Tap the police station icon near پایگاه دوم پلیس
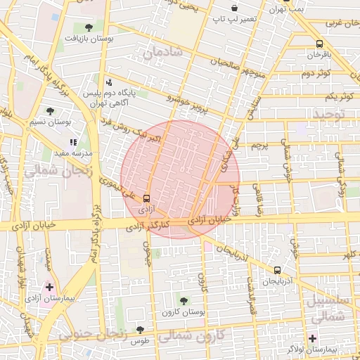[108, 82]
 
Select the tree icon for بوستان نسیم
[49, 110]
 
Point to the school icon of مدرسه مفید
[73, 143]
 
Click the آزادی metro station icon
[146, 199]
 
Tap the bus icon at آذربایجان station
[277, 270]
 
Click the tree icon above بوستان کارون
[184, 300]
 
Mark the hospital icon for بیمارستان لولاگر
[313, 338]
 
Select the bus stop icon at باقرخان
[320, 43]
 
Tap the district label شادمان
[161, 53]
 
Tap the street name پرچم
[260, 146]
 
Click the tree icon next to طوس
[140, 330]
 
